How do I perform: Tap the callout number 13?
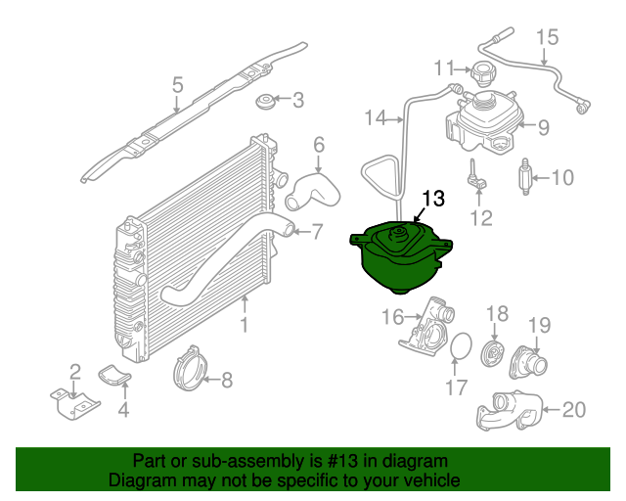coord(433,199)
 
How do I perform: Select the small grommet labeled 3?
coord(265,101)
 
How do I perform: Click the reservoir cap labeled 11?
coord(481,74)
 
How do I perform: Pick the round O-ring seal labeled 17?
coord(461,346)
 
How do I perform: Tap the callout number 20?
coord(574,410)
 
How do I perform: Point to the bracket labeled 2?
coord(74,404)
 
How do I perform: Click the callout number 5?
coord(178,85)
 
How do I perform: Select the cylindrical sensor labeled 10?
coord(526,176)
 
